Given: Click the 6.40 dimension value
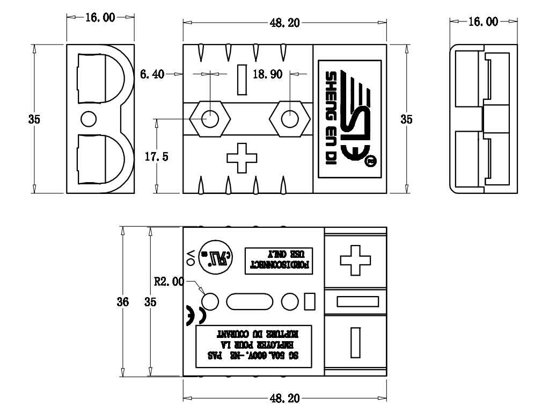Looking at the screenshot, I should [152, 74].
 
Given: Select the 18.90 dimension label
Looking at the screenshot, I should [267, 74].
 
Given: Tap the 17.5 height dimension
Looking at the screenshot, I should [157, 156].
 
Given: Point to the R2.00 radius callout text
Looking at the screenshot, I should [169, 281].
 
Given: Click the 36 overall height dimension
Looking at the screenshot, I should [123, 302].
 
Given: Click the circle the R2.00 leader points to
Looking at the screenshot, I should [210, 301].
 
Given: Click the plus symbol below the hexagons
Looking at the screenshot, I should [242, 158].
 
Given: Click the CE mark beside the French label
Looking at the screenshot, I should [189, 315].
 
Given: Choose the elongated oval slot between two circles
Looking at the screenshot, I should [250, 301].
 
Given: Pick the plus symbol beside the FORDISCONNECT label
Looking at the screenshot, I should [356, 261].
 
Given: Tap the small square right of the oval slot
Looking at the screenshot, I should [309, 301].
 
